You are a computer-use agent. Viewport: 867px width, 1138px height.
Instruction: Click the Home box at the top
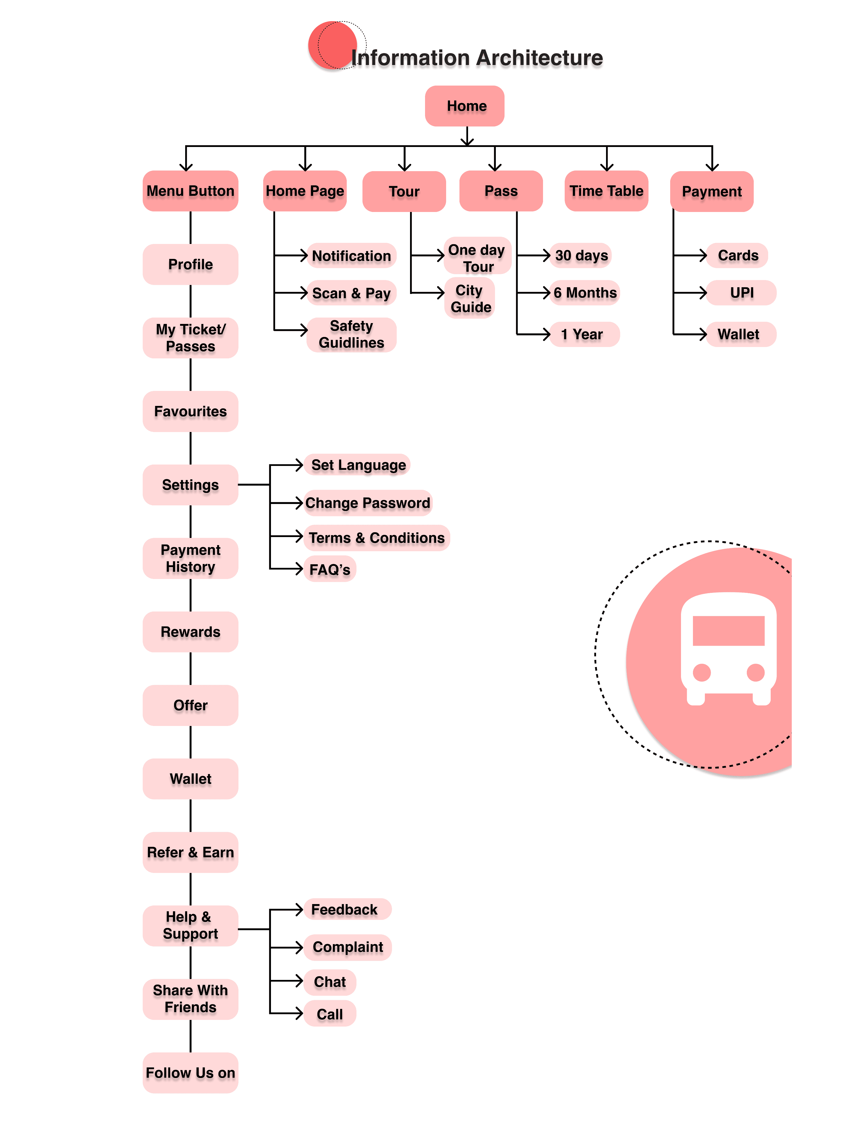(464, 106)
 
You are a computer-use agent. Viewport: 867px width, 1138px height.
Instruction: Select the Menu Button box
(190, 191)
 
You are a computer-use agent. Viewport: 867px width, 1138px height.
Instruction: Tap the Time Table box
(606, 191)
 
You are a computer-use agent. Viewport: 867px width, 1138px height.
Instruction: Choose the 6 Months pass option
(585, 293)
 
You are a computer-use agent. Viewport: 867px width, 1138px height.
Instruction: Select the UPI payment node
(742, 293)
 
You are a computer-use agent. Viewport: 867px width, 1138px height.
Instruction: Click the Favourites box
(190, 411)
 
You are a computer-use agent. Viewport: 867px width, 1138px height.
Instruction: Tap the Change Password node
(368, 503)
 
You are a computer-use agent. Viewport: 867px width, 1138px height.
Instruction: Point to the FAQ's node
(330, 570)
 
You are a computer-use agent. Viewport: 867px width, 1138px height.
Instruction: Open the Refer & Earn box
(190, 852)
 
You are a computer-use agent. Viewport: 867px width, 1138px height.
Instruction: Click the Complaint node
(348, 947)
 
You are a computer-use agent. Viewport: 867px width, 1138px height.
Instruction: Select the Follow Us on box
(190, 1073)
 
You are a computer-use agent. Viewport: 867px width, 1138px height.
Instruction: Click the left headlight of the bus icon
(702, 672)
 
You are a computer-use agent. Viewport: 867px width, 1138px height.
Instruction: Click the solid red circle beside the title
(333, 45)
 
